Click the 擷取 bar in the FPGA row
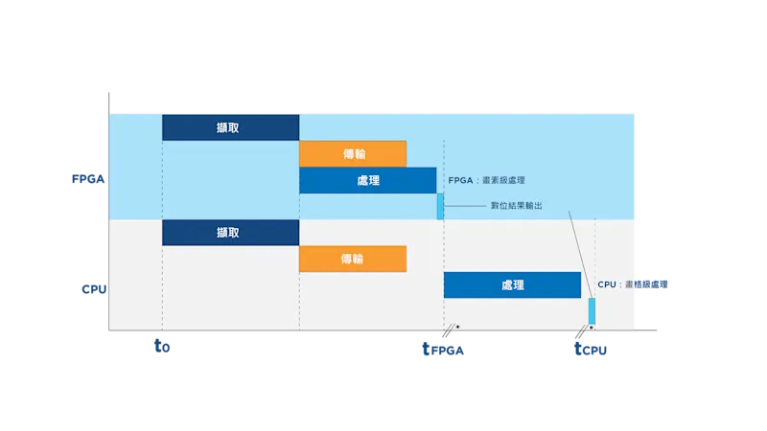(230, 127)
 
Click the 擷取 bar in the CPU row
(230, 233)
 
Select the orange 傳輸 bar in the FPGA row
(352, 153)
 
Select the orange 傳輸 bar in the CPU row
(352, 259)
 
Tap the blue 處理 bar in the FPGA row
(367, 180)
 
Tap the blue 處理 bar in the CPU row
(512, 284)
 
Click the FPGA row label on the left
(89, 179)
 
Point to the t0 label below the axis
(162, 346)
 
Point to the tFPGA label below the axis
(444, 352)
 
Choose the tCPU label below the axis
(593, 352)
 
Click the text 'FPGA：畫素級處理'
(486, 180)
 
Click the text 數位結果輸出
(516, 205)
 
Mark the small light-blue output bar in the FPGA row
(440, 206)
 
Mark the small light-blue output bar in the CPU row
(592, 311)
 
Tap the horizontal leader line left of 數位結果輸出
(465, 205)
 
